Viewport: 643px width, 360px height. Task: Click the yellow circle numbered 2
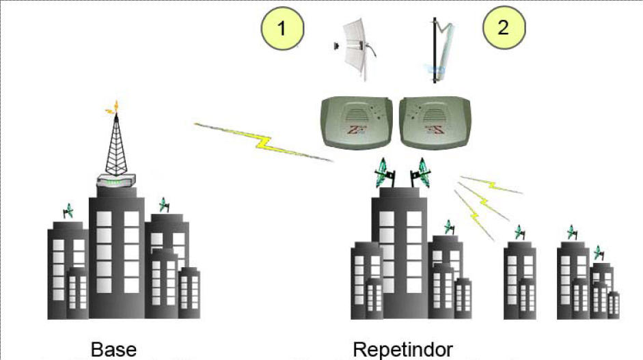pyautogui.click(x=504, y=29)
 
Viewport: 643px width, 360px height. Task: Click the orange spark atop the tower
pyautogui.click(x=115, y=107)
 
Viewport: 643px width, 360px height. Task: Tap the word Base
pyautogui.click(x=113, y=349)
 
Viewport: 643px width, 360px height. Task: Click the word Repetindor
pyautogui.click(x=402, y=349)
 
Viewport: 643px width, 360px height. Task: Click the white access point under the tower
pyautogui.click(x=116, y=182)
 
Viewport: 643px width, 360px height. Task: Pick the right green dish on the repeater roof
pyautogui.click(x=420, y=174)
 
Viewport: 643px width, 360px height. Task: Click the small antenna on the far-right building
pyautogui.click(x=600, y=253)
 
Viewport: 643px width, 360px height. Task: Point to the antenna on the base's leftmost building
pyautogui.click(x=68, y=211)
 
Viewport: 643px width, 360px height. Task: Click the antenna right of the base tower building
pyautogui.click(x=163, y=204)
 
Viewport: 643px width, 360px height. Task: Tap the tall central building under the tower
pyautogui.click(x=116, y=253)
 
